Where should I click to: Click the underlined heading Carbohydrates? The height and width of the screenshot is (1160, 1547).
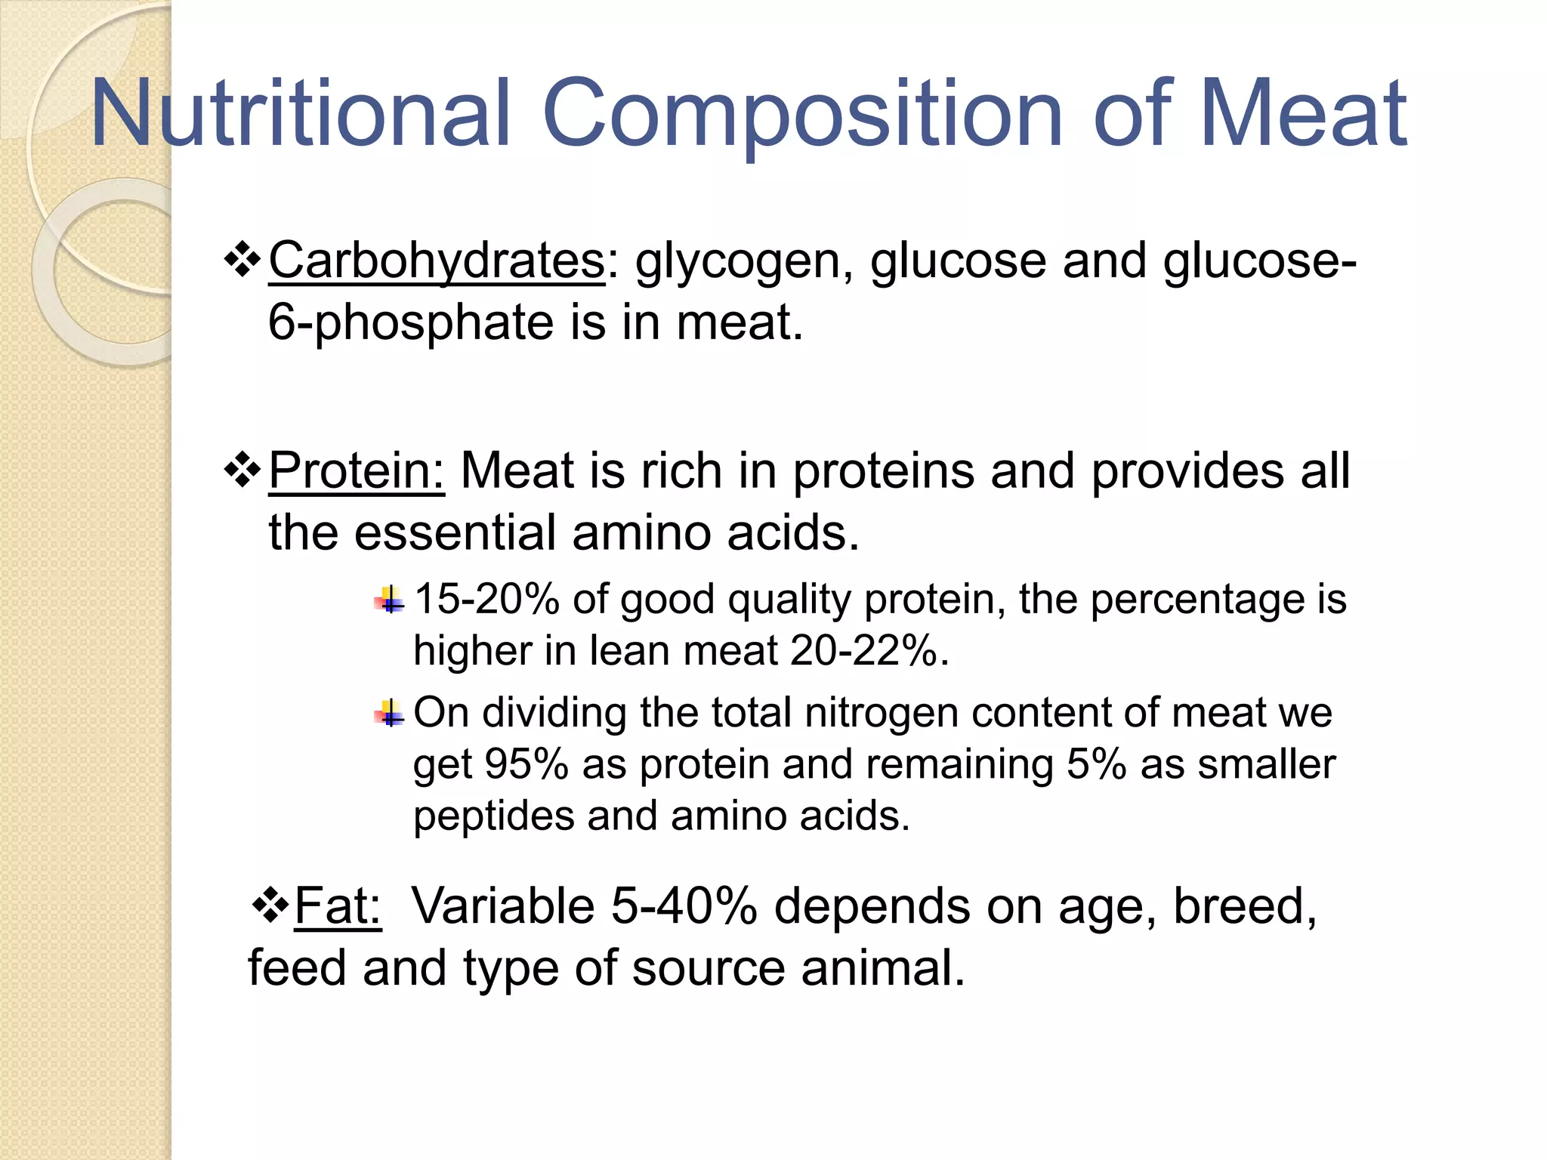(437, 261)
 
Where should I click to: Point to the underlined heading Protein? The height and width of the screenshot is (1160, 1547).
(357, 470)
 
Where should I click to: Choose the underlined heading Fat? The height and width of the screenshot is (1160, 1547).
(338, 905)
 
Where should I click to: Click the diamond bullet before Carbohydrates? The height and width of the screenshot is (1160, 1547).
(242, 259)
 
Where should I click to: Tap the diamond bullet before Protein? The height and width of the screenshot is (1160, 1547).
(242, 470)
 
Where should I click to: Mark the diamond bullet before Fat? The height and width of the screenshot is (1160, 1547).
(270, 905)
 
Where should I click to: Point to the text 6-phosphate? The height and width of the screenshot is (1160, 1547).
(411, 323)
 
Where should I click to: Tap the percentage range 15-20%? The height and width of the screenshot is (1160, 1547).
(487, 599)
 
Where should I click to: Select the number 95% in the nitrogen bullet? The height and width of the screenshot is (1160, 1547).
(526, 764)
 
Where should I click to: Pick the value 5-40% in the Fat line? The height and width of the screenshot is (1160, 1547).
(684, 905)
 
